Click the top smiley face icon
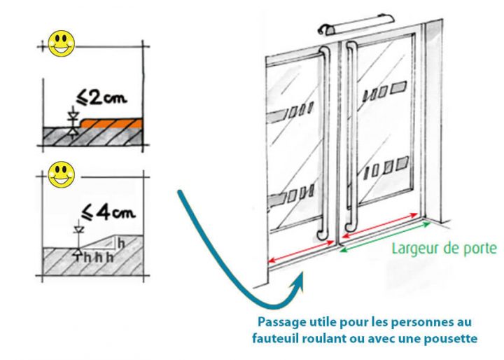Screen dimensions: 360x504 [x=62, y=43]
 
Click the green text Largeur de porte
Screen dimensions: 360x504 [x=444, y=247]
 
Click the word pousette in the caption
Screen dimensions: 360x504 [x=454, y=338]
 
